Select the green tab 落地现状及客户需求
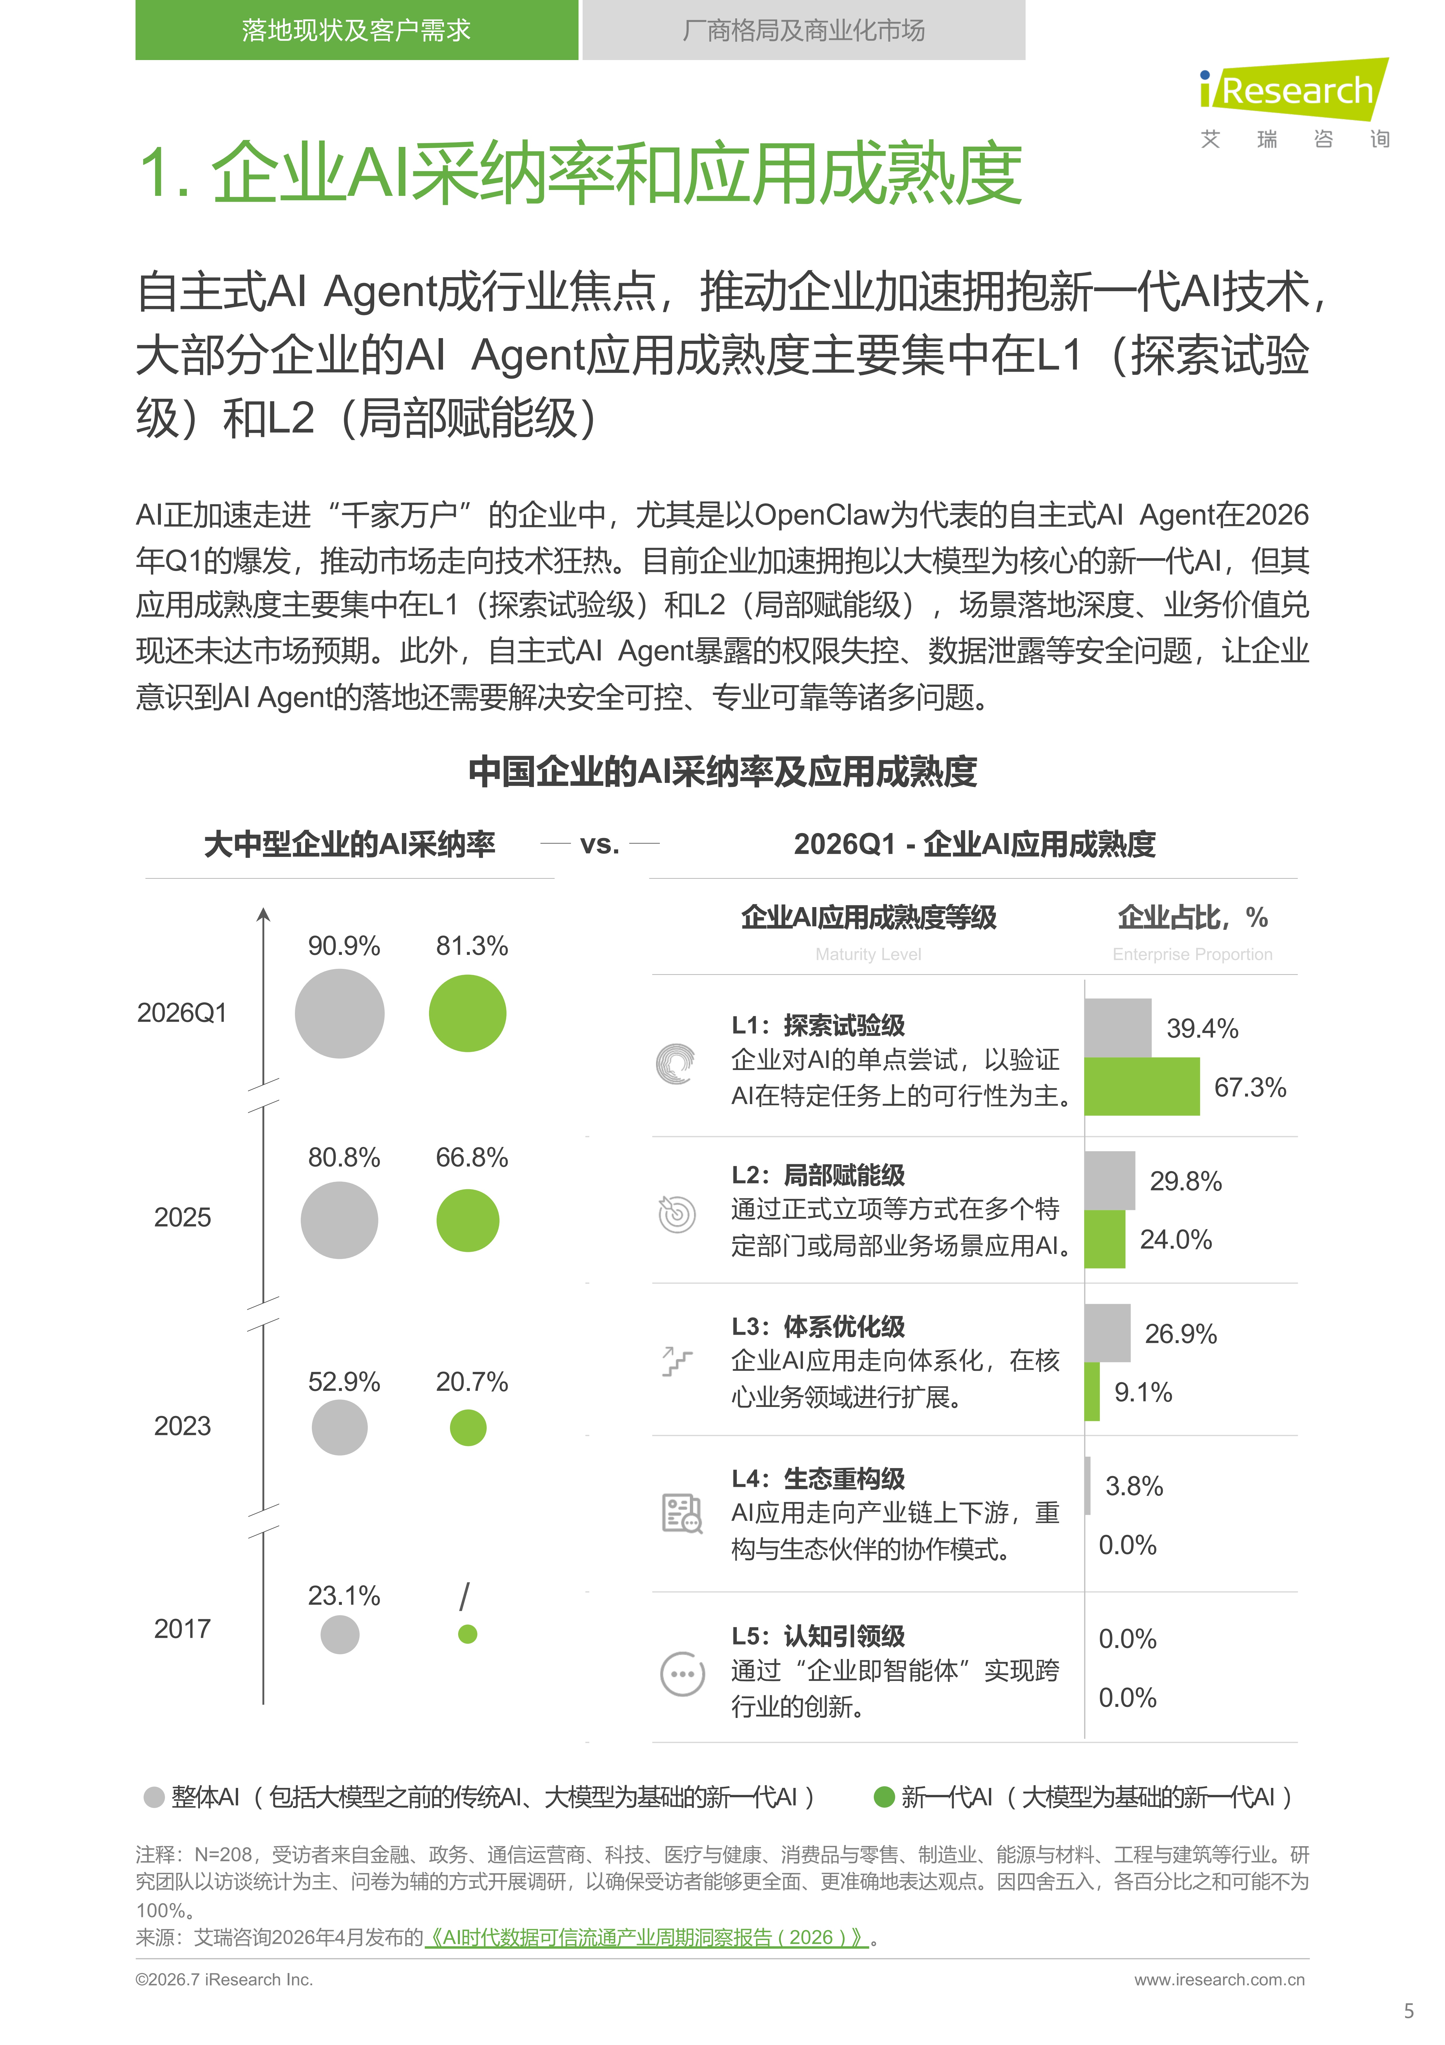point(356,30)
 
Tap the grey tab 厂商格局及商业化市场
point(803,30)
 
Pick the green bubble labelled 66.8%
point(467,1220)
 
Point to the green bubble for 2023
point(467,1428)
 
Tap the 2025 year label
point(182,1217)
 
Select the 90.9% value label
point(344,946)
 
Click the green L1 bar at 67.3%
point(1142,1087)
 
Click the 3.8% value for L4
point(1134,1486)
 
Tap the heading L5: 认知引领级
point(818,1636)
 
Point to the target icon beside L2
point(677,1213)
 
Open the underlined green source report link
point(646,1937)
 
